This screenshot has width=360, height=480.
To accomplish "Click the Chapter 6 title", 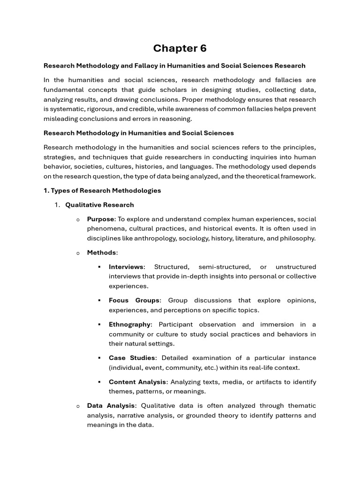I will (180, 48).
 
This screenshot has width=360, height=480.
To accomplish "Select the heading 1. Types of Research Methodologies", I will (102, 190).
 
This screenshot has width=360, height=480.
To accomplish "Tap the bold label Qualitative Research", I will (99, 205).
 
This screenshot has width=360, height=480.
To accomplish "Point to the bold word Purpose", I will (100, 219).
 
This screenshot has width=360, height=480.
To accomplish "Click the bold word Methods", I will (101, 253).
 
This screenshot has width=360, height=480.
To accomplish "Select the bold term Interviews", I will (126, 267).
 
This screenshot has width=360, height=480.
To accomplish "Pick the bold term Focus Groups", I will (134, 300).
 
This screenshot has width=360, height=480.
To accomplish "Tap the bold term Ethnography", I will (129, 324).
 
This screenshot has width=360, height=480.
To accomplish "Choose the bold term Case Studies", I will (132, 358).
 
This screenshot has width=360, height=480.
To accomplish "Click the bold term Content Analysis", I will (137, 382).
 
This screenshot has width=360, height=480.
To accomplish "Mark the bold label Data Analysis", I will (111, 405).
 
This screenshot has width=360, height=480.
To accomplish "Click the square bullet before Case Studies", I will (99, 358).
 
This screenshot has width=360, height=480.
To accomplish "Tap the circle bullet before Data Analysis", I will (78, 406).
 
